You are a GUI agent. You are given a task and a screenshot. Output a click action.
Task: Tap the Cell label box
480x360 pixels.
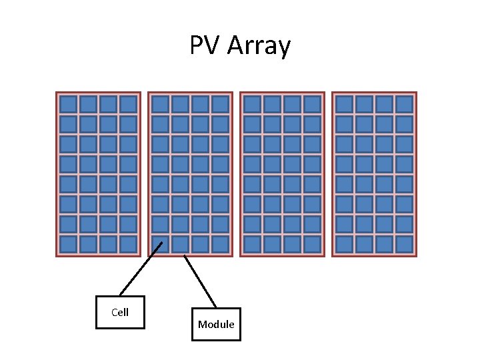120,312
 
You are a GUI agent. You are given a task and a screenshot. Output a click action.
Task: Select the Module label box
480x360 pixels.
216,324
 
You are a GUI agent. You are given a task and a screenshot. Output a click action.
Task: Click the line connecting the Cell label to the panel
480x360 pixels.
141,269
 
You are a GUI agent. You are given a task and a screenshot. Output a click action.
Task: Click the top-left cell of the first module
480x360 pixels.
68,104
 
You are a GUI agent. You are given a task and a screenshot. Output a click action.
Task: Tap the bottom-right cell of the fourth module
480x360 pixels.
404,244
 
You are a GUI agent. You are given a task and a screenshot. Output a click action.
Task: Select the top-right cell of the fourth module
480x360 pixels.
404,104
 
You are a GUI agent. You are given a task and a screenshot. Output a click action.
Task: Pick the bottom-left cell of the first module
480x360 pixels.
68,244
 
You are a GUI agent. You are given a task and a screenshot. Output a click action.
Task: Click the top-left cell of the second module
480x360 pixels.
160,104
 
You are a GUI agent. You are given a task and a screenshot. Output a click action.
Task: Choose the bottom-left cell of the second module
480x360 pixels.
160,244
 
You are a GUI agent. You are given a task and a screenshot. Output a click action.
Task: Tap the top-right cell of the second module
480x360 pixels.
220,104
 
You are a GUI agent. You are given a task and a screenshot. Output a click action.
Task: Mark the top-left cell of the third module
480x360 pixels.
252,104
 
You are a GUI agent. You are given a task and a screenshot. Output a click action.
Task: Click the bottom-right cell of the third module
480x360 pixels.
312,244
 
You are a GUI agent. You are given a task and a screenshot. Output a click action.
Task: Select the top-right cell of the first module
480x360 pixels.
128,104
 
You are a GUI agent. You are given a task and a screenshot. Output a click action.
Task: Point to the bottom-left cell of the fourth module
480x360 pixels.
344,244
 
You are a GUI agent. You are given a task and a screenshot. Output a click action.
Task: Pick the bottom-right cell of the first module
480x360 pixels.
128,244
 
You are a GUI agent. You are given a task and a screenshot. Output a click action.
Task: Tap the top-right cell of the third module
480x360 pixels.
312,104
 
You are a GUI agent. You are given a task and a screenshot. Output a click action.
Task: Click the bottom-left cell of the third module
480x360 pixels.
252,244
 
